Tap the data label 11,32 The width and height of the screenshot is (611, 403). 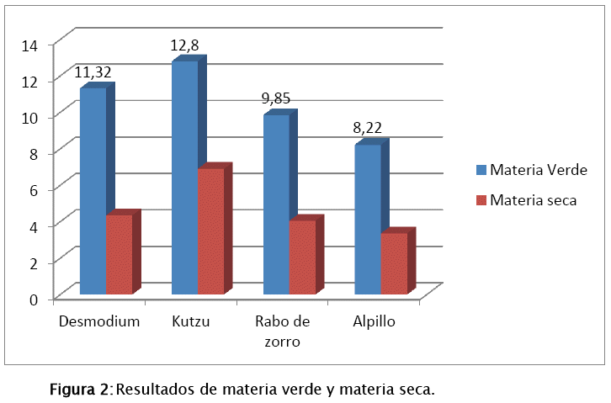coord(93,72)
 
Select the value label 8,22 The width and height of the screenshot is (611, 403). coord(369,129)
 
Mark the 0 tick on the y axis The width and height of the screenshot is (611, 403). coord(35,299)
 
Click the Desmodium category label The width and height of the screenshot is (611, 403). coord(98,321)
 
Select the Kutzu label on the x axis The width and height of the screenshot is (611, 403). coord(189,321)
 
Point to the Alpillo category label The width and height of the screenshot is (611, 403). coord(375,321)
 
